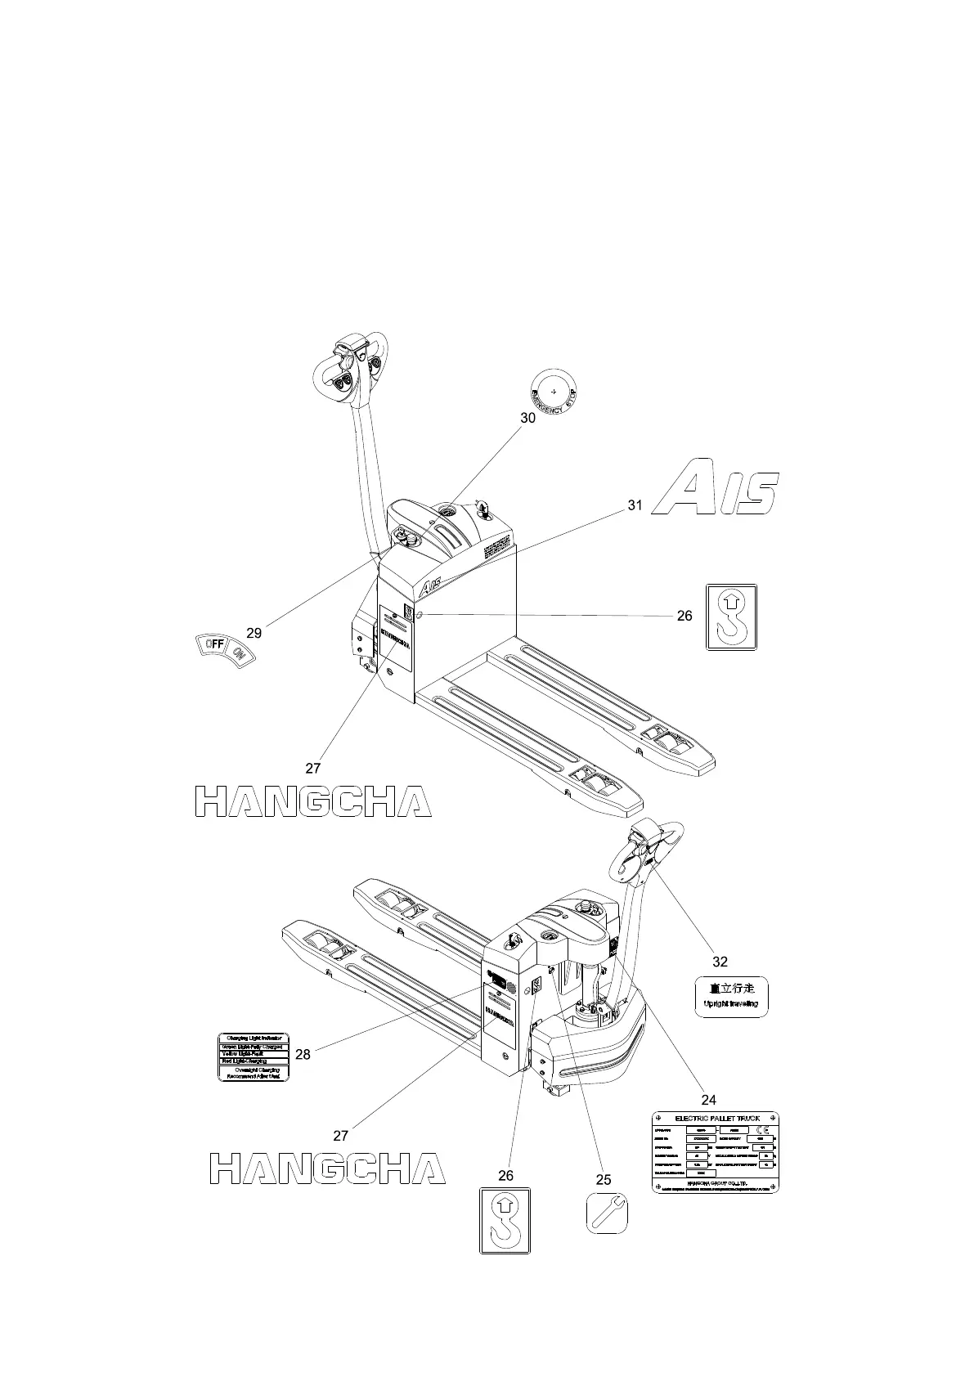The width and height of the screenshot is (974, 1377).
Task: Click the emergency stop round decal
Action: pyautogui.click(x=554, y=391)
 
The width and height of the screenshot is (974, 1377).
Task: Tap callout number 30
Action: pyautogui.click(x=528, y=418)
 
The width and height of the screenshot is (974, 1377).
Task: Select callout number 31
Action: pyautogui.click(x=635, y=505)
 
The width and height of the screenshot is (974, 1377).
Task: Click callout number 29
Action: pyautogui.click(x=254, y=633)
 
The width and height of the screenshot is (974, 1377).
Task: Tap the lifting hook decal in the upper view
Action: pyautogui.click(x=731, y=617)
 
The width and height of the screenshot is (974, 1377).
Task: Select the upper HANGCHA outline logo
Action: pyautogui.click(x=313, y=801)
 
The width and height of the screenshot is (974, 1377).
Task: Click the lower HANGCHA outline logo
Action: pyautogui.click(x=327, y=1168)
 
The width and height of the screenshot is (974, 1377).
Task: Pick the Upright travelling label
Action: pyautogui.click(x=731, y=997)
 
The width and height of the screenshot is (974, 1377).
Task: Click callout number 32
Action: pyautogui.click(x=720, y=962)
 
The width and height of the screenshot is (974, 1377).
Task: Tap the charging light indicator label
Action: pyautogui.click(x=254, y=1057)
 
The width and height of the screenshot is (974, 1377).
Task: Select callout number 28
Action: pyautogui.click(x=303, y=1055)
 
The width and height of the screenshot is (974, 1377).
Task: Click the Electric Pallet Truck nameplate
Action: pyautogui.click(x=715, y=1151)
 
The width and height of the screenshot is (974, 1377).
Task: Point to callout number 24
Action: pyautogui.click(x=708, y=1100)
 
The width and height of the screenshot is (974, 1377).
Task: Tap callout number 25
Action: pyautogui.click(x=603, y=1179)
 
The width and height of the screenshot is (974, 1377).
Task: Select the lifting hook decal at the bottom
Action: pyautogui.click(x=505, y=1220)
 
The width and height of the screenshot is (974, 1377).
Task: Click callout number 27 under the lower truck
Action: pyautogui.click(x=341, y=1135)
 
